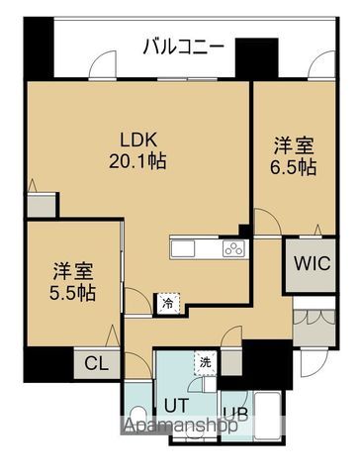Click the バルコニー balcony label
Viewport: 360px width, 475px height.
click(183, 47)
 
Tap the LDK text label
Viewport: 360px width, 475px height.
click(137, 141)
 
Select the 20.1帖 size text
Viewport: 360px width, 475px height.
click(137, 161)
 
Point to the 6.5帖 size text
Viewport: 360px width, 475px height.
click(294, 167)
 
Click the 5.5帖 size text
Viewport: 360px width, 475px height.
click(73, 293)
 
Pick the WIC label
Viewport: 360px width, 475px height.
click(312, 263)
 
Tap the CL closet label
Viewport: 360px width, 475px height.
click(97, 364)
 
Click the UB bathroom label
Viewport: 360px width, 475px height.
click(235, 414)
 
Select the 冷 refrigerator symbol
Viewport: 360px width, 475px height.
click(168, 304)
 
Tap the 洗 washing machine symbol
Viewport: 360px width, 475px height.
click(206, 363)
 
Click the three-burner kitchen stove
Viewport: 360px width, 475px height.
click(234, 248)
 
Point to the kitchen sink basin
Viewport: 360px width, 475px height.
click(183, 248)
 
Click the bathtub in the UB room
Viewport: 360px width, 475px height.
click(268, 416)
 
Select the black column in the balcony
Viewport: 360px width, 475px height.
click(257, 57)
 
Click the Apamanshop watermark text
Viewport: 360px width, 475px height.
click(181, 425)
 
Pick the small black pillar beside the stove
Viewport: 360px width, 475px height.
click(244, 230)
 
